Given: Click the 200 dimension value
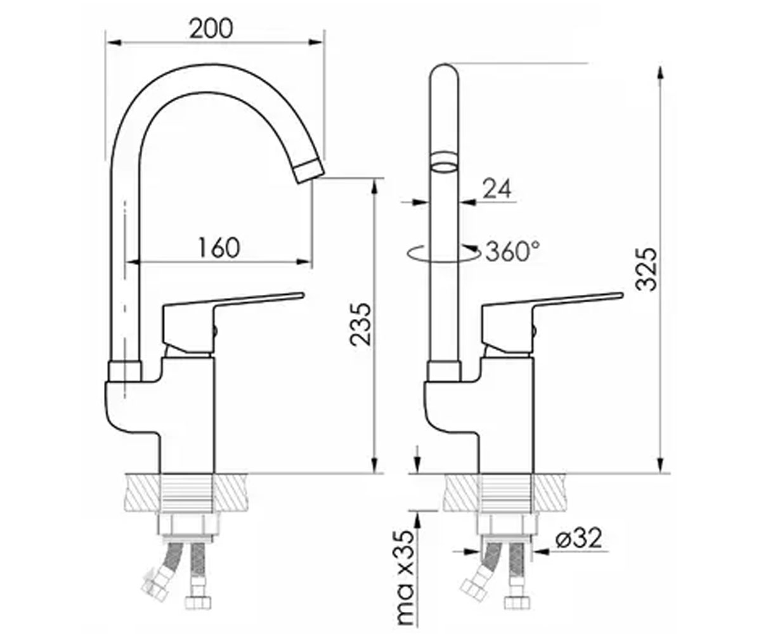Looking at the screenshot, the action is coord(211,29).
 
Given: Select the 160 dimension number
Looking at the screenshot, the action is coord(219,248).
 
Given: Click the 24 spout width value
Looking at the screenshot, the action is coord(497,188).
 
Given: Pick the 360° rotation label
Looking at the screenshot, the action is coord(512,251).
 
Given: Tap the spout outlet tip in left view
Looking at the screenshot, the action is coord(309,171).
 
